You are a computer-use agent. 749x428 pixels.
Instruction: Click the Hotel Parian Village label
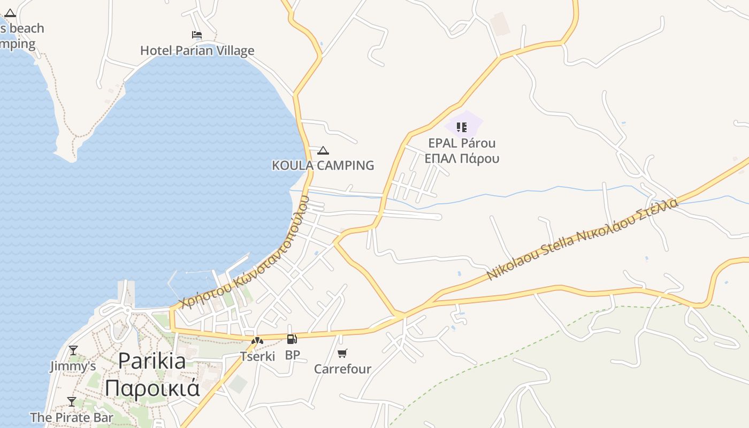point(197,51)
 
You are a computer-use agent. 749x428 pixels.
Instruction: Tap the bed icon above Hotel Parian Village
point(197,35)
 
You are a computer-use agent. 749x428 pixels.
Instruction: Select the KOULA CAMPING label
point(323,165)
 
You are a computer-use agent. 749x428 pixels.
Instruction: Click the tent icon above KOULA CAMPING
point(323,151)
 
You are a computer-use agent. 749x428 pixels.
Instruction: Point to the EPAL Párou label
point(462,143)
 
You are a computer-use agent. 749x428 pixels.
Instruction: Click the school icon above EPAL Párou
point(462,127)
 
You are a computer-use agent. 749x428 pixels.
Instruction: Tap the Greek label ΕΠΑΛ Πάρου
point(462,159)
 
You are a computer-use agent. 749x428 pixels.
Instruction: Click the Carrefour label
point(342,369)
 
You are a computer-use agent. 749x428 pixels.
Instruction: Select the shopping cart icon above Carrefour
point(342,353)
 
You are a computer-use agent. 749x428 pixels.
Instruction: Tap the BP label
point(292,355)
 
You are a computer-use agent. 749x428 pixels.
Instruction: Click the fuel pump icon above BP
point(292,339)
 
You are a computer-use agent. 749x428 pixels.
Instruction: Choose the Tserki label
point(257,356)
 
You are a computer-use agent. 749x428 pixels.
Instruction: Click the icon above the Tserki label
point(257,341)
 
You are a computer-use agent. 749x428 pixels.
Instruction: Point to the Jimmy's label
point(73,366)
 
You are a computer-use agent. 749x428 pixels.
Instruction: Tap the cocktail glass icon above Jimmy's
point(73,350)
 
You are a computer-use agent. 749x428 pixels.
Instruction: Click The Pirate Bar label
point(72,417)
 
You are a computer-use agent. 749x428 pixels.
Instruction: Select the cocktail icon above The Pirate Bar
point(72,402)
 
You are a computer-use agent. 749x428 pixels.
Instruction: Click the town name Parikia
point(152,361)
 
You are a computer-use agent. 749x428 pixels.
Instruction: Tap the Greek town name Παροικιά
point(152,387)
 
